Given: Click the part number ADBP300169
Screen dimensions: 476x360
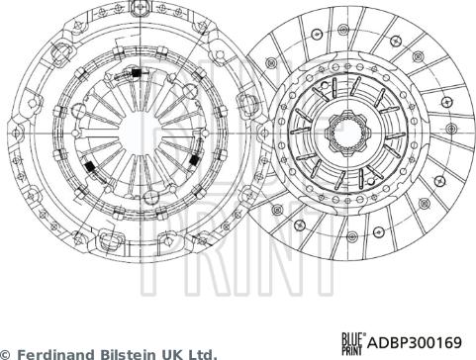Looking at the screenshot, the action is [415, 342].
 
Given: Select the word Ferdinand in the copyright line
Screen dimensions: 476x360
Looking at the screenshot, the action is [55, 355].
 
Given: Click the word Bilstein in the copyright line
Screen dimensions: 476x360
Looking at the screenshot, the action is [121, 355].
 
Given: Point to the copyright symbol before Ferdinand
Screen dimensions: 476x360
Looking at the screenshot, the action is [6, 355].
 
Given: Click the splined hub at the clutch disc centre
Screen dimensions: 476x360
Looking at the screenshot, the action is [348, 134].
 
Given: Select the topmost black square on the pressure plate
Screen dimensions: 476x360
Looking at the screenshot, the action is [135, 73].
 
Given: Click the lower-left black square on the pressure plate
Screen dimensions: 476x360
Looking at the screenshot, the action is [89, 167].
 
